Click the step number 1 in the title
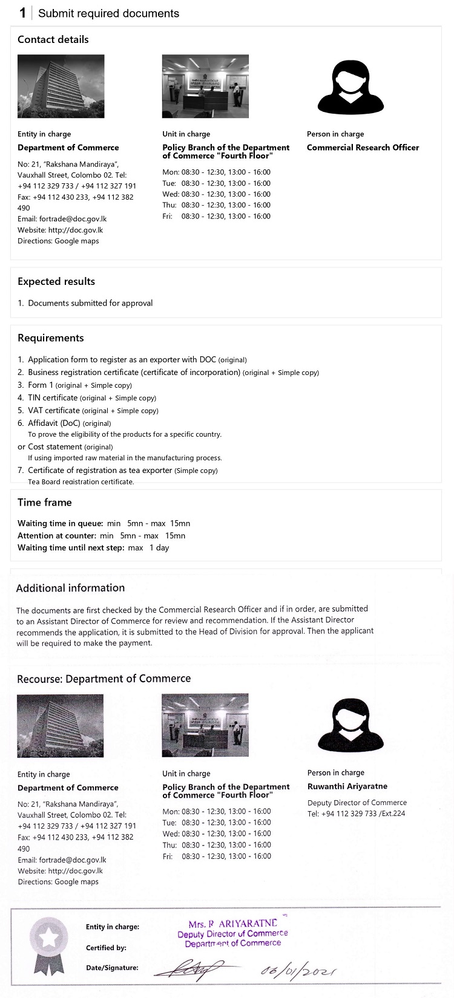coord(22,13)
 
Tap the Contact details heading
coord(53,40)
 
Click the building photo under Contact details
coord(61,86)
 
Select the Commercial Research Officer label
coord(363,148)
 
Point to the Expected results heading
coord(56,282)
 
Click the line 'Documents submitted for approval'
coord(90,303)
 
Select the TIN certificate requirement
coord(53,398)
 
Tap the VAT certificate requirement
coord(54,411)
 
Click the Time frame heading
coord(44,503)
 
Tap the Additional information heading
coord(70,588)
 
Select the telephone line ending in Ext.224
coord(357,814)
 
